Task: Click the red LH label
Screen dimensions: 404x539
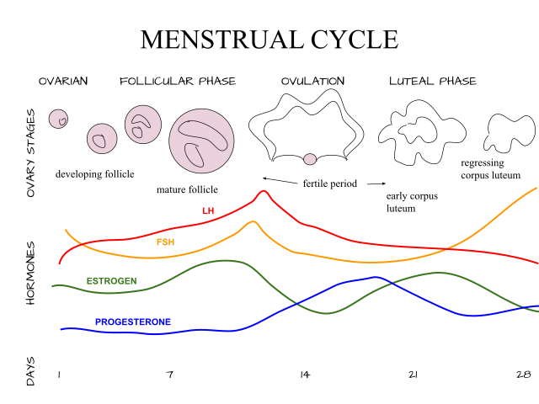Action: [x=207, y=211]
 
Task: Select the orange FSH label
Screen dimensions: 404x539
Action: [x=165, y=242]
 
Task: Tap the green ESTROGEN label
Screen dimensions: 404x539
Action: [x=111, y=281]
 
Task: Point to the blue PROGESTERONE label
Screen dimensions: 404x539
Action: [x=133, y=322]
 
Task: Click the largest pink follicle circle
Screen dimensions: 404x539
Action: [x=201, y=141]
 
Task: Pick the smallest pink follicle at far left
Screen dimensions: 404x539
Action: [x=58, y=119]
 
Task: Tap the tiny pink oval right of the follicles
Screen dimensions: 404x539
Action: [x=310, y=159]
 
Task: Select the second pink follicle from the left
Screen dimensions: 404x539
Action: [x=102, y=138]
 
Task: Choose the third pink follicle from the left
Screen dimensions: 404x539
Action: [x=143, y=125]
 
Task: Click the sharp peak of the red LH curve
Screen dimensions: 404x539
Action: [x=264, y=191]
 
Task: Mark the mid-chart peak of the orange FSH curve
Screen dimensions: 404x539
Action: [x=252, y=221]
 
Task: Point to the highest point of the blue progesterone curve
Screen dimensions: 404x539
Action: [x=375, y=277]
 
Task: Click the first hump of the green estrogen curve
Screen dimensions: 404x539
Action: [x=226, y=261]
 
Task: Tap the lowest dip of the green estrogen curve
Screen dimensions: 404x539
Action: [x=328, y=314]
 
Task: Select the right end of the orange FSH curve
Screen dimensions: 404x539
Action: [x=536, y=188]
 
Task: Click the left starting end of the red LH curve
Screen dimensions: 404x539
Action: [x=60, y=263]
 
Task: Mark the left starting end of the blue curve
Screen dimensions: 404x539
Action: [x=61, y=329]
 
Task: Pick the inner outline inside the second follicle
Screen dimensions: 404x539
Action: [x=99, y=141]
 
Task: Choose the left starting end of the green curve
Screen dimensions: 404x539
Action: [x=52, y=286]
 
